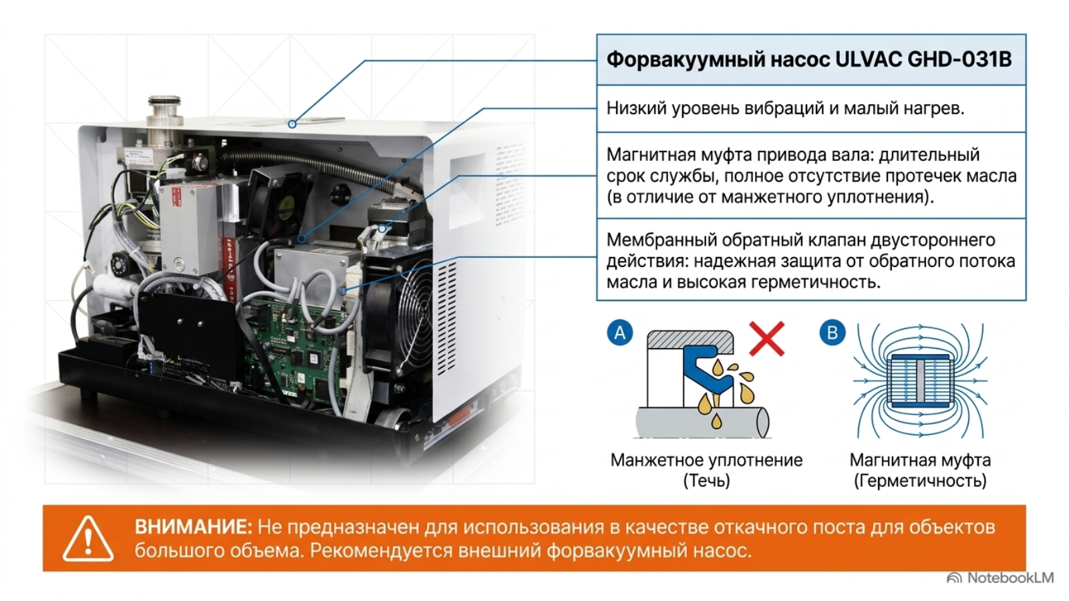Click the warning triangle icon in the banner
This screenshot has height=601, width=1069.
pos(88,538)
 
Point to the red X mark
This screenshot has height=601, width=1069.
pos(766,339)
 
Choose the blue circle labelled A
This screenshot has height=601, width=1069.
pos(620,333)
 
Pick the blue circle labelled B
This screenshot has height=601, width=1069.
pos(832,333)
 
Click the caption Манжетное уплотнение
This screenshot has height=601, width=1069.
pos(706,460)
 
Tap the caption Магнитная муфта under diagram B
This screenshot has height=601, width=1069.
pos(920,460)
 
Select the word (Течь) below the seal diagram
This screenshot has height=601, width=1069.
pos(706,481)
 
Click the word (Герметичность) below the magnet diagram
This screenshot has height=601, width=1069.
pos(920,481)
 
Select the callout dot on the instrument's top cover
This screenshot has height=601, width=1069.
pos(292,124)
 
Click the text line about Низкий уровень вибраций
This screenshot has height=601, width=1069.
pos(786,109)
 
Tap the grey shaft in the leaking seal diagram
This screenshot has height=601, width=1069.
pos(702,422)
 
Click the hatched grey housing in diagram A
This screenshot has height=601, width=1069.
pos(690,340)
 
